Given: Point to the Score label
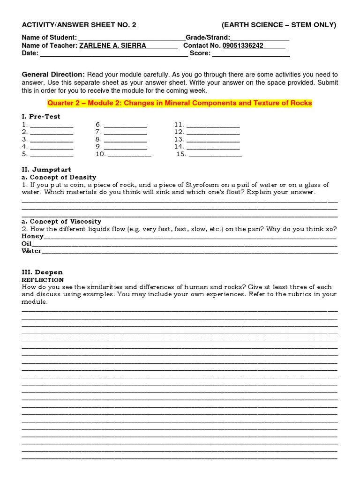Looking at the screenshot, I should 200,53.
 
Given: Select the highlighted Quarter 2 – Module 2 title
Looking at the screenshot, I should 180,103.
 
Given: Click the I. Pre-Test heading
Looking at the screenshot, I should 41,116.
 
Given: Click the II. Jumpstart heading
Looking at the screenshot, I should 46,169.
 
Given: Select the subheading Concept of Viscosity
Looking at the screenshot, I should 61,221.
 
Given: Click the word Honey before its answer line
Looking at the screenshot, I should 32,236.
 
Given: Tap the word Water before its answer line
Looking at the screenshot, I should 31,251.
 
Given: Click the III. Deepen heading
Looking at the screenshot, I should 42,272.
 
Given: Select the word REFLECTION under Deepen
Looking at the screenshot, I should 43,279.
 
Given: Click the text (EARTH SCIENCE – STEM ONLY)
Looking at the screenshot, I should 278,25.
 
